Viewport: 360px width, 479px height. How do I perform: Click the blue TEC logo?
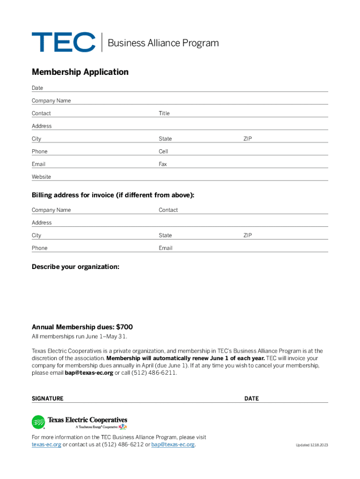pyautogui.click(x=64, y=42)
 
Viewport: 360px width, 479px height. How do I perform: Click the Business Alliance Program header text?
pyautogui.click(x=163, y=43)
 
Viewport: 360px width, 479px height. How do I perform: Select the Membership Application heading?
pyautogui.click(x=80, y=72)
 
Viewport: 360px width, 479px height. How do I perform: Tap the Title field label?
pyautogui.click(x=164, y=113)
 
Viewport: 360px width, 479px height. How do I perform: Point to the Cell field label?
pyautogui.click(x=163, y=152)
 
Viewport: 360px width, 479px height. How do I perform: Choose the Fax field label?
pyautogui.click(x=163, y=164)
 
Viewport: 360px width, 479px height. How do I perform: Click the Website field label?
pyautogui.click(x=41, y=177)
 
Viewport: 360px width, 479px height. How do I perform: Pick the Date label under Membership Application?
pyautogui.click(x=37, y=88)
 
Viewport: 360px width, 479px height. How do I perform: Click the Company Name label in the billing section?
pyautogui.click(x=51, y=210)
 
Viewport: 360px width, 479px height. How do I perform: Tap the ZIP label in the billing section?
pyautogui.click(x=247, y=235)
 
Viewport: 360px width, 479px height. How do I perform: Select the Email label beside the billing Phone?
pyautogui.click(x=166, y=248)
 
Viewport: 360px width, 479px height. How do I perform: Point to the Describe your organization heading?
pyautogui.click(x=75, y=267)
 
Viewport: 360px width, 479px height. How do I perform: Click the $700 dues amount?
pyautogui.click(x=128, y=327)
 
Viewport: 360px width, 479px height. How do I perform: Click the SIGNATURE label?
pyautogui.click(x=47, y=399)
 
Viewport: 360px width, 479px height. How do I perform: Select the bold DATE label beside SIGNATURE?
pyautogui.click(x=251, y=399)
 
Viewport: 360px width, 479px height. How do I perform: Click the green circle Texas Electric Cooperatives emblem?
pyautogui.click(x=38, y=422)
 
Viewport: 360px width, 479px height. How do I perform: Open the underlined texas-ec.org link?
pyautogui.click(x=46, y=444)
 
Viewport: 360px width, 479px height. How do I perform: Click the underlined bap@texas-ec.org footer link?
pyautogui.click(x=173, y=444)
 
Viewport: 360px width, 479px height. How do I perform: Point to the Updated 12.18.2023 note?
pyautogui.click(x=312, y=445)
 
